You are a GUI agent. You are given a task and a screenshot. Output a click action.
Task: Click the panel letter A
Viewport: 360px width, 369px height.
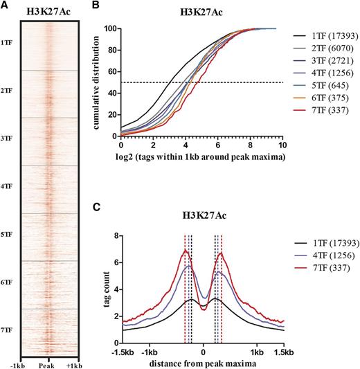click(x=4, y=5)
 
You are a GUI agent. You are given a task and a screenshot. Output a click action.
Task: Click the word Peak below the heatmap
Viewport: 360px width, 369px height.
click(x=46, y=364)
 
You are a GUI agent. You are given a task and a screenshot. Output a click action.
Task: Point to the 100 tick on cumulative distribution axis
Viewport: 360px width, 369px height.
click(x=112, y=28)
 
